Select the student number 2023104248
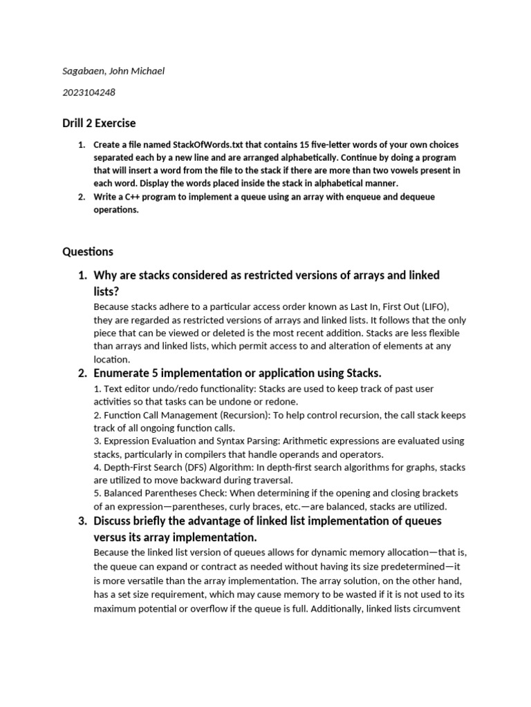point(89,93)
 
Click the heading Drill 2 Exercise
point(99,123)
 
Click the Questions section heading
point(88,251)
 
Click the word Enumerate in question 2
point(122,374)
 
